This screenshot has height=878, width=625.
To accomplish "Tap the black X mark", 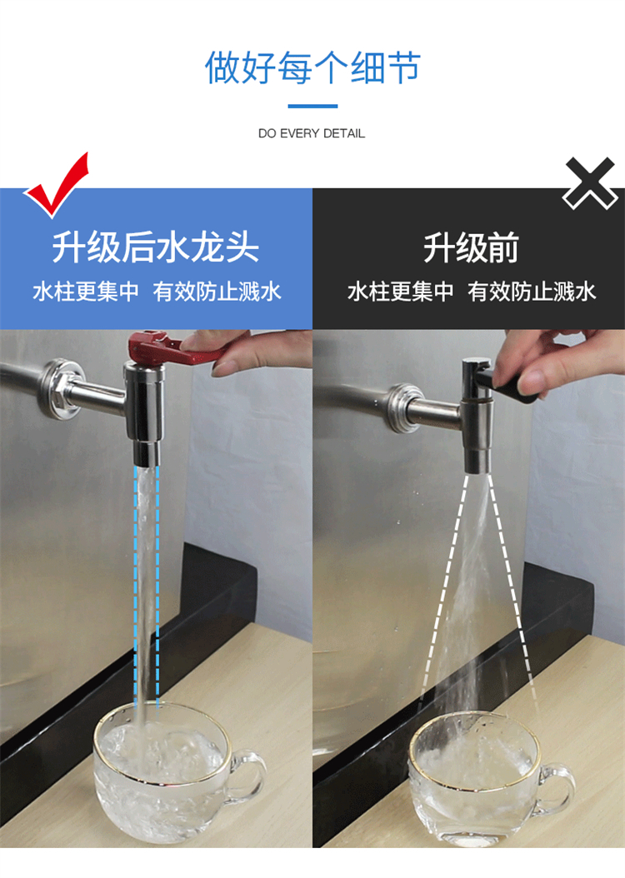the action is [592, 183].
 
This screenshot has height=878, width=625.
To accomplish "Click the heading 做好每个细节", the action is [312, 67].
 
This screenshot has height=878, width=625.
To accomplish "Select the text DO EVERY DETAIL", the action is [312, 133].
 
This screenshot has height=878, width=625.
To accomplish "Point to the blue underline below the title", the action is [312, 106].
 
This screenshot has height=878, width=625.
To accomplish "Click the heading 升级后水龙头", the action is [156, 247].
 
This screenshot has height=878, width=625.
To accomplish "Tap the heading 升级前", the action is [471, 247].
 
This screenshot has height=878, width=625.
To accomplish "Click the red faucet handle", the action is [168, 348].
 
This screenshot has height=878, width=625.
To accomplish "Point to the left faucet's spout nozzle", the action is [146, 454].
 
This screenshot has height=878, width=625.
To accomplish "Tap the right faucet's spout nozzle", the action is [477, 462].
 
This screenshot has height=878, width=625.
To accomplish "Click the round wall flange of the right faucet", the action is [402, 408].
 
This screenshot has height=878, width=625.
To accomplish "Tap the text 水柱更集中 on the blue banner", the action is [86, 292].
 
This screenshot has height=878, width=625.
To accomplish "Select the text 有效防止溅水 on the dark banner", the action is [532, 292].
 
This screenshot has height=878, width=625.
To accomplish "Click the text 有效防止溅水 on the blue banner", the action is [217, 292].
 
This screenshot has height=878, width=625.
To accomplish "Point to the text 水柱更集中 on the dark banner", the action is [401, 292].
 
